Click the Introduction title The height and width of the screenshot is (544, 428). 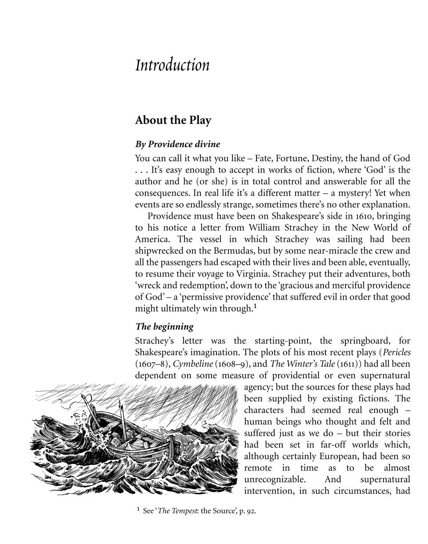172,65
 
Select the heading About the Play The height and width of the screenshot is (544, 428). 173,120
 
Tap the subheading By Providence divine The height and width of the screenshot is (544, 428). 177,144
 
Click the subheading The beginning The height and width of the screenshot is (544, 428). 164,327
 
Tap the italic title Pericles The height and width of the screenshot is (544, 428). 396,352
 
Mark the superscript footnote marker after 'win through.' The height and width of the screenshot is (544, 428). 255,306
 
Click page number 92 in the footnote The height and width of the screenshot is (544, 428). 252,511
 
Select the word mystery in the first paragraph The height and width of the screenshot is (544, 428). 350,193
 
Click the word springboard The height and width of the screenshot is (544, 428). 365,341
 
